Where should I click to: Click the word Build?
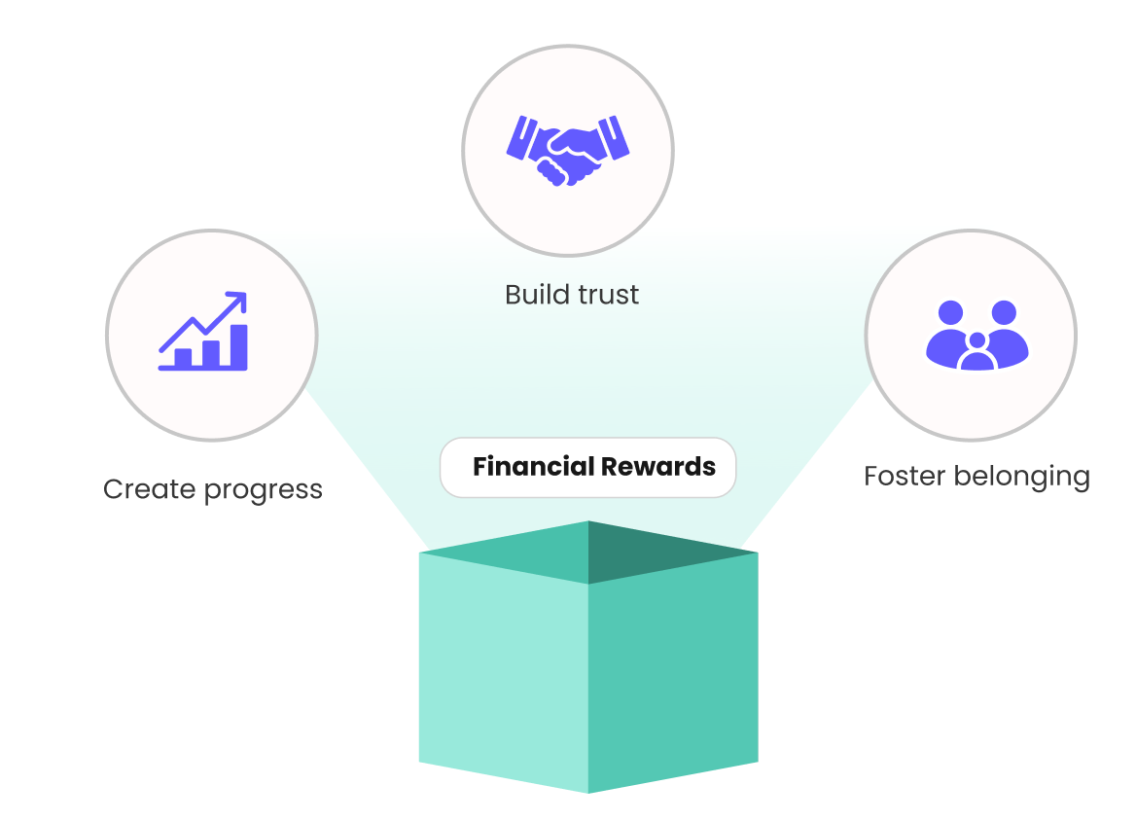tap(534, 295)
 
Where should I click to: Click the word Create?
tap(148, 488)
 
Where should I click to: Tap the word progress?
tap(263, 490)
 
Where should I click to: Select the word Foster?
tap(904, 477)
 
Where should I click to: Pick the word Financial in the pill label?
tap(532, 467)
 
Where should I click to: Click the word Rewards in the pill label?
tap(657, 467)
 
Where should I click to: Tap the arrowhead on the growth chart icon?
tap(236, 301)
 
